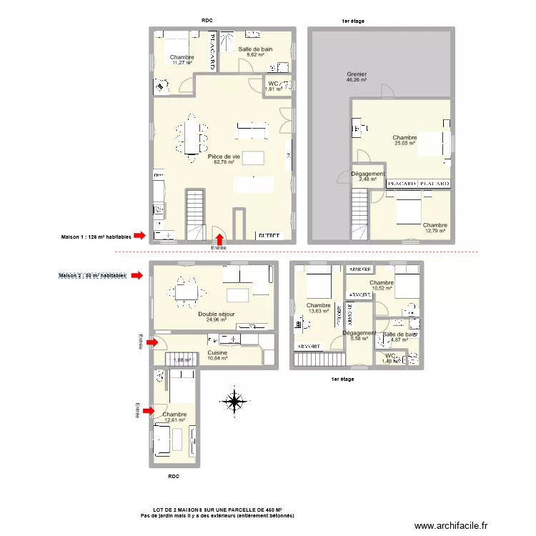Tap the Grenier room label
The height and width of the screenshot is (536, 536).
(357, 77)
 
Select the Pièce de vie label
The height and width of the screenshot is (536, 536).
(224, 159)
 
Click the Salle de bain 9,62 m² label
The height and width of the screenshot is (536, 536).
(255, 51)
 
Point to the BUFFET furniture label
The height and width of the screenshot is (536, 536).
(269, 234)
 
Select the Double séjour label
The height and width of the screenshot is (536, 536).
(216, 317)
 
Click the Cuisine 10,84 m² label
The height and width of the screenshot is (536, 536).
(217, 355)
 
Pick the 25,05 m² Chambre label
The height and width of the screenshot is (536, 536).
(405, 140)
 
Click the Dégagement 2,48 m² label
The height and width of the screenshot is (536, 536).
(368, 177)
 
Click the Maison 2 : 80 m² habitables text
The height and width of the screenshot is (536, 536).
(92, 275)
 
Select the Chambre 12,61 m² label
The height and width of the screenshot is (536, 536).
(174, 417)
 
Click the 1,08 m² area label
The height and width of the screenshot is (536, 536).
(182, 360)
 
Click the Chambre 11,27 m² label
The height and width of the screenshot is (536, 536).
(182, 60)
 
